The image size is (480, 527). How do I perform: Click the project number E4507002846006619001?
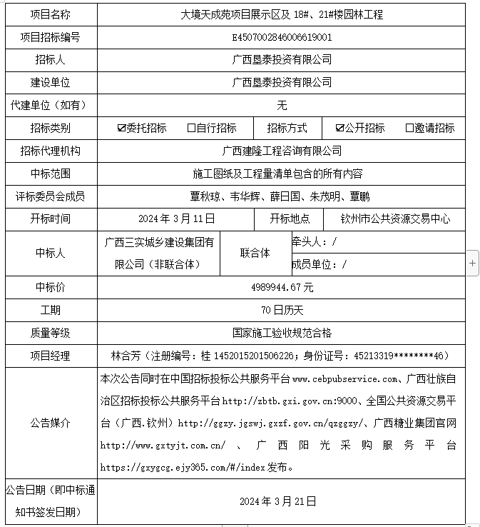pyautogui.click(x=282, y=37)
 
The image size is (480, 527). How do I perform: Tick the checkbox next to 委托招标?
pyautogui.click(x=122, y=129)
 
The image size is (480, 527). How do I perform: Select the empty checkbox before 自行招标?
pyautogui.click(x=191, y=129)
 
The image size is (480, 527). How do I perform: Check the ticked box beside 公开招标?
pyautogui.click(x=340, y=129)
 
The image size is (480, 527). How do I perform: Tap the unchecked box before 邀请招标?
pyautogui.click(x=409, y=129)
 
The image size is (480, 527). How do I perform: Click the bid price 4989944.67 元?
pyautogui.click(x=282, y=287)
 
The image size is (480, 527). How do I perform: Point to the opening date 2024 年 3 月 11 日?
pyautogui.click(x=176, y=219)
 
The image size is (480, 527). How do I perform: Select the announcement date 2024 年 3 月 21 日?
pyautogui.click(x=282, y=501)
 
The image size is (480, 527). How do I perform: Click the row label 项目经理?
pyautogui.click(x=50, y=356)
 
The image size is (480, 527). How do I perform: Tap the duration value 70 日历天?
pyautogui.click(x=282, y=310)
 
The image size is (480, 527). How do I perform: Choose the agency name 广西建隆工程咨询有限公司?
pyautogui.click(x=282, y=151)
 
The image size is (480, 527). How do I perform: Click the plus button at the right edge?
pyautogui.click(x=472, y=263)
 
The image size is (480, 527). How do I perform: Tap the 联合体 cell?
pyautogui.click(x=255, y=253)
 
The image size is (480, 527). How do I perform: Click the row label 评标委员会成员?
pyautogui.click(x=50, y=196)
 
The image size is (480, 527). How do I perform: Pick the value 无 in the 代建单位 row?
pyautogui.click(x=282, y=105)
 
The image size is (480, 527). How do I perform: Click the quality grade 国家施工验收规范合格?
pyautogui.click(x=282, y=333)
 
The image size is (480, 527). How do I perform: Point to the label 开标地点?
pyautogui.click(x=290, y=219)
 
